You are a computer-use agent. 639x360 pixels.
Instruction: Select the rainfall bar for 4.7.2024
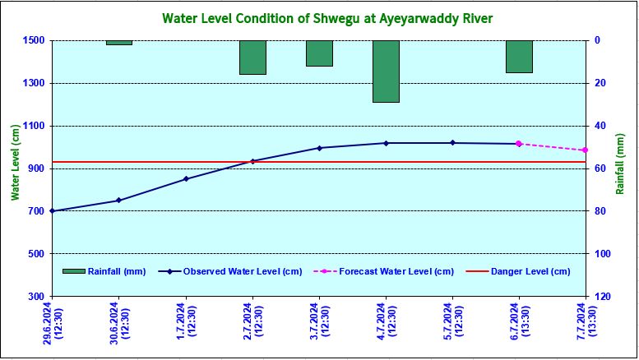pos(386,71)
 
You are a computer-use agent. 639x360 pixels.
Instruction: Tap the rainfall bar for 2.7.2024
pos(252,57)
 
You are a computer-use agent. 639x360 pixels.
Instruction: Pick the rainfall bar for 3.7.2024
pos(319,53)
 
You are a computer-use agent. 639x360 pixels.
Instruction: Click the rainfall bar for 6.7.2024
pos(519,56)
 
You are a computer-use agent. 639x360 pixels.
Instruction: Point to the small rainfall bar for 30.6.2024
pos(119,42)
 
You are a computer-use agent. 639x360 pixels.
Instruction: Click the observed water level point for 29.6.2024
pos(53,211)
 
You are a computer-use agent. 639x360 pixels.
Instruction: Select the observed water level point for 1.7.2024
pos(186,178)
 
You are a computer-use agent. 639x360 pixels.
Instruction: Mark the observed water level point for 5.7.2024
pos(452,143)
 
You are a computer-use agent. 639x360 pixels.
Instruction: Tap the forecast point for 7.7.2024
pos(585,150)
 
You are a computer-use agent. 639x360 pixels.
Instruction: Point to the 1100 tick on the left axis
pos(35,126)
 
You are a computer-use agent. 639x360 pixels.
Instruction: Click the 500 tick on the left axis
pos(37,254)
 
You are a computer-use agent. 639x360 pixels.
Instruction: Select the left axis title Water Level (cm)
pos(14,163)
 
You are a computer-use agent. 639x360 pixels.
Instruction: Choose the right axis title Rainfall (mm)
pos(621,168)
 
